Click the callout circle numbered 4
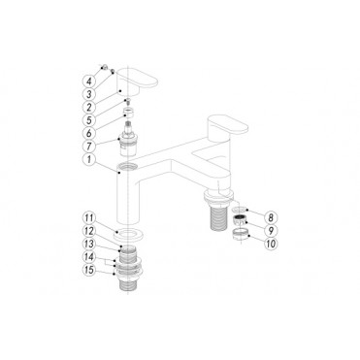(89, 82)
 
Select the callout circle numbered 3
(89, 95)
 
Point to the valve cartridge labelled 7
(126, 145)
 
